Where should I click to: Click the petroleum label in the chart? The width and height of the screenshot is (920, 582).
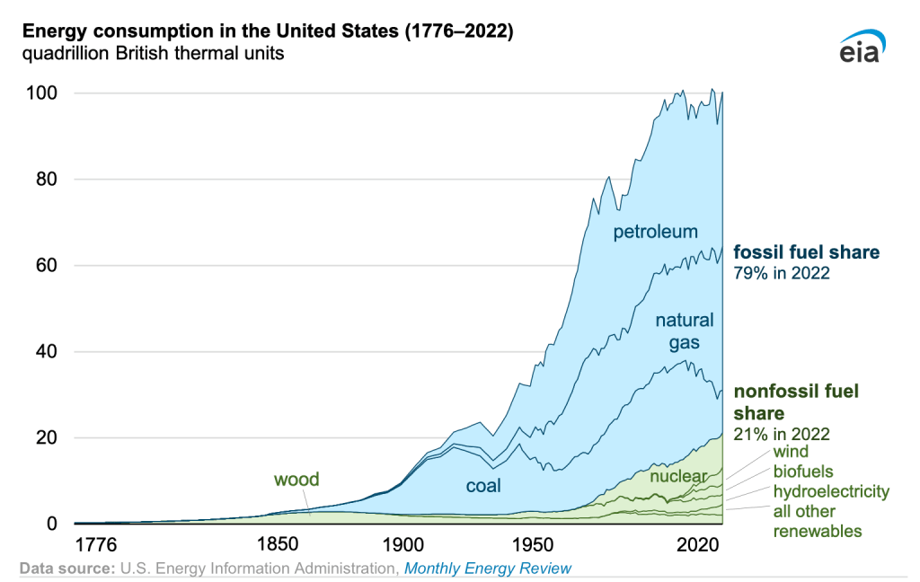tap(655, 233)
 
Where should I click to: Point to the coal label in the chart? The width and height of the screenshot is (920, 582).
tap(483, 486)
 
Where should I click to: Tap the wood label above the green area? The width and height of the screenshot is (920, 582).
tap(296, 480)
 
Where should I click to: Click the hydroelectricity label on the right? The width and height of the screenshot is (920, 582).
tap(831, 491)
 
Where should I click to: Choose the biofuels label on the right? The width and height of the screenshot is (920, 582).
tap(803, 472)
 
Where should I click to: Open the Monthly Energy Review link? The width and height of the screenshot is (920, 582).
tap(488, 569)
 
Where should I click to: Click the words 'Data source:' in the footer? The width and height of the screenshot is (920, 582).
tap(65, 569)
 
